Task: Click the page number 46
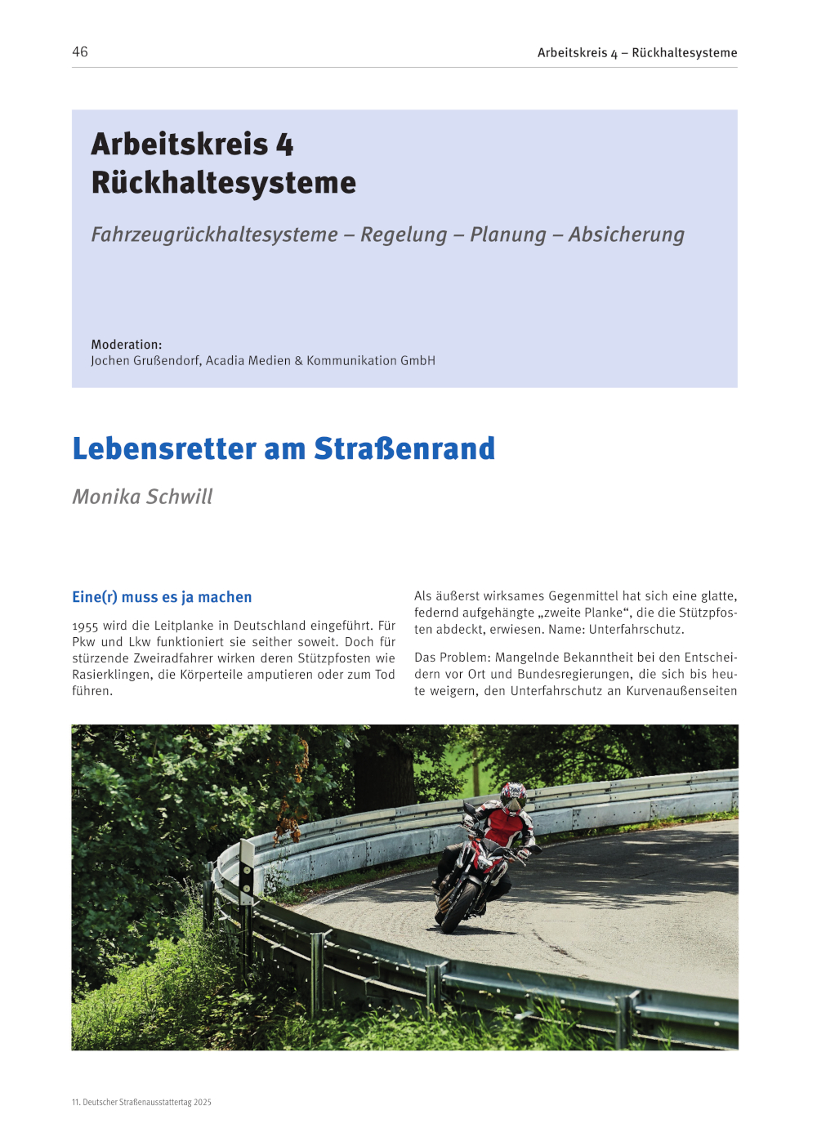click(x=80, y=51)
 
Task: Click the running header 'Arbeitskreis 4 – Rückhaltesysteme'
click(x=636, y=52)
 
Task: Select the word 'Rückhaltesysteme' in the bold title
click(x=223, y=182)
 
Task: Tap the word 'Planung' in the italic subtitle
click(x=507, y=234)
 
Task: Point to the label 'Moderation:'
click(x=127, y=345)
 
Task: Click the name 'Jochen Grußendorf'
click(x=145, y=360)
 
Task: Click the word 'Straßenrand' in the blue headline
click(x=404, y=448)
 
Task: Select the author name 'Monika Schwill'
click(x=142, y=497)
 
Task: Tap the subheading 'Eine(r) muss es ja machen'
click(x=162, y=597)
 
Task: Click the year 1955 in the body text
click(x=85, y=626)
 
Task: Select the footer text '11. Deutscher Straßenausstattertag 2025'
click(x=141, y=1102)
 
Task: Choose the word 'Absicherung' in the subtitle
click(x=626, y=234)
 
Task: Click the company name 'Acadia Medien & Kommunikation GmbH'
click(x=320, y=360)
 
